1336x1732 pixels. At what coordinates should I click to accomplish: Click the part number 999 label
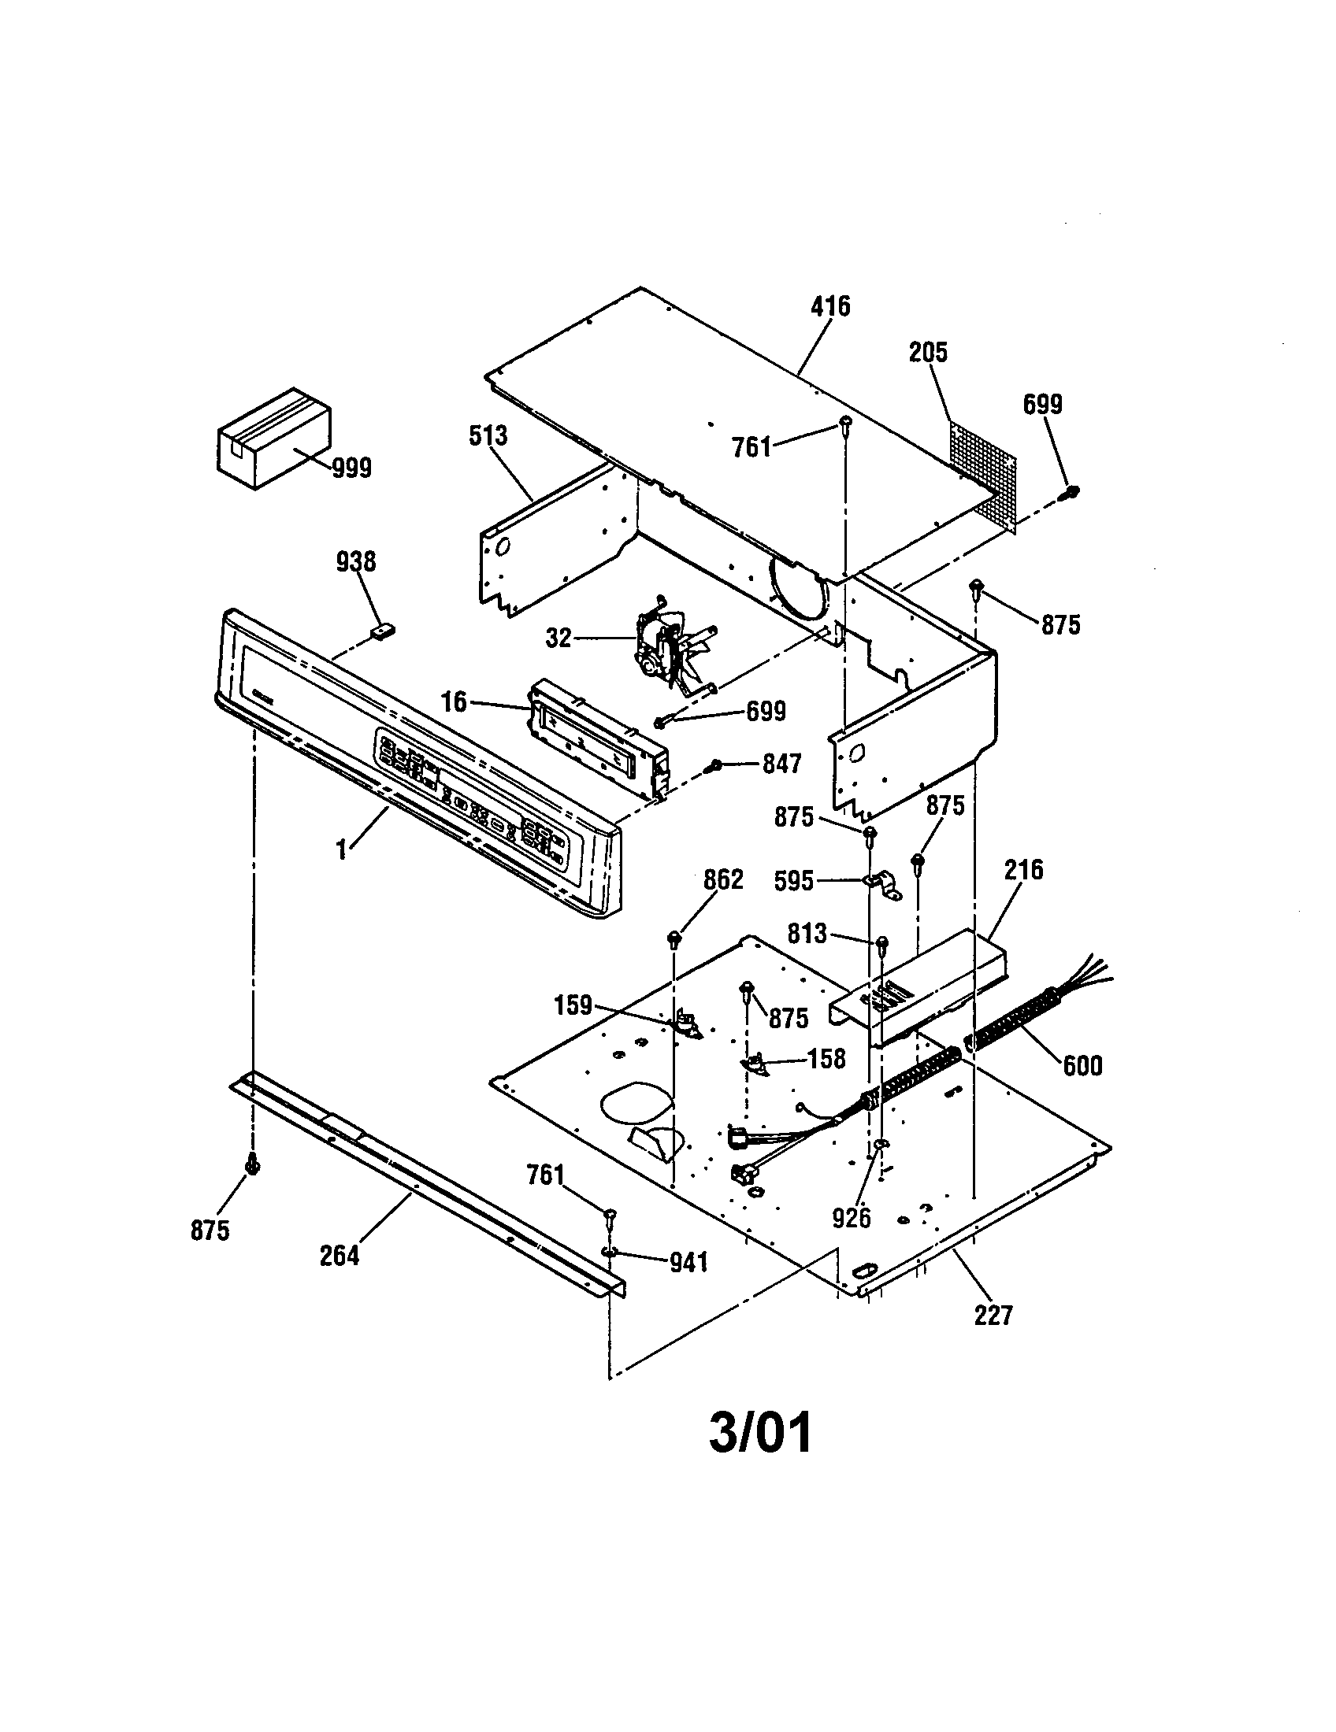351,468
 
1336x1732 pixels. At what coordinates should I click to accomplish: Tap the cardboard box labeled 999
273,438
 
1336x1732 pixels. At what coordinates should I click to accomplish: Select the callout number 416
829,306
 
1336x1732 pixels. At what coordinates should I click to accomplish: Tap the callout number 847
781,764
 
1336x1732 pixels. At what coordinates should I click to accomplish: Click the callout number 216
1023,870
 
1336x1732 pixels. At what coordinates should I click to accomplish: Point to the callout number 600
1083,1065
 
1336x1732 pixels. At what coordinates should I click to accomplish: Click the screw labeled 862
674,939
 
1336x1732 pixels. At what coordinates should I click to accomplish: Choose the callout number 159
573,1005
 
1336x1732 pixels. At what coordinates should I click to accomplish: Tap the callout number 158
826,1059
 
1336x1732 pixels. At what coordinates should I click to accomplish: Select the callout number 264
340,1256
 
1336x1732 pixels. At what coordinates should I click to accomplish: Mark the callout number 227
993,1316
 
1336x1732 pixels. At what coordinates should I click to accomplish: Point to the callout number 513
488,435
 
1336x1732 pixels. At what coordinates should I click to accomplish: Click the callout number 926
852,1217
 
